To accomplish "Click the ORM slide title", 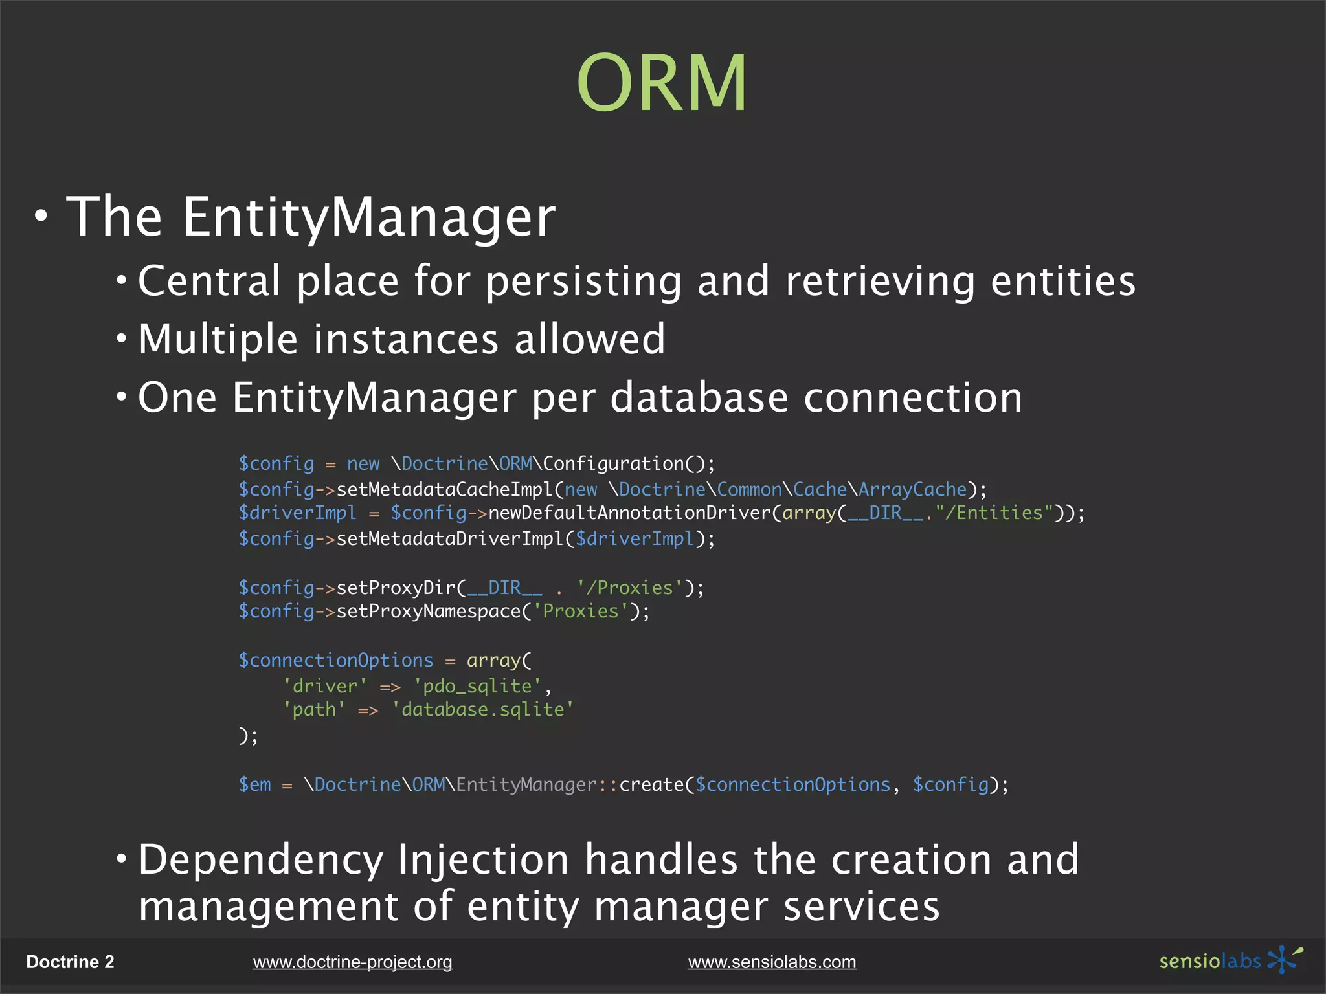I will [662, 83].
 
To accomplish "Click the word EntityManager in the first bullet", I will [368, 217].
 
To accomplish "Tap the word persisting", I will [583, 282].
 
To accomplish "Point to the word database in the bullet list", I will [699, 397].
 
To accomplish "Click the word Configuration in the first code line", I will [613, 463].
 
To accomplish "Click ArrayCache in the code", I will [912, 489].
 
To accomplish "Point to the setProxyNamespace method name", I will [429, 611].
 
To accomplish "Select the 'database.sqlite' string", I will [482, 710].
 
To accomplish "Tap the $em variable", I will [255, 784].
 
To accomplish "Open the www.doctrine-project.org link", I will [352, 962].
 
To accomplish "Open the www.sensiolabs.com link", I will [772, 962].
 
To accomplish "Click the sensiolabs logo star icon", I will [1283, 959].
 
